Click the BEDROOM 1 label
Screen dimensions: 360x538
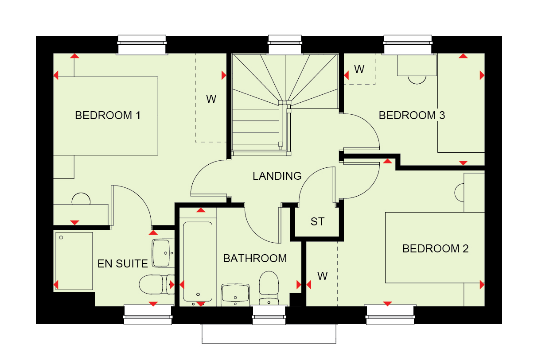(108, 116)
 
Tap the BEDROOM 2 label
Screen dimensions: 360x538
(435, 248)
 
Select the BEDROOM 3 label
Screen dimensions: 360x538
(412, 116)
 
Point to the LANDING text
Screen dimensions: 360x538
(277, 176)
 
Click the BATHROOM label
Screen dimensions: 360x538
(255, 258)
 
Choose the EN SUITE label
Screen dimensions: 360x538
(123, 264)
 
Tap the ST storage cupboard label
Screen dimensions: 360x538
(317, 221)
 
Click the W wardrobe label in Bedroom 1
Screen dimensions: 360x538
(211, 99)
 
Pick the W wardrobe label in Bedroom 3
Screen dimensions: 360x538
(359, 69)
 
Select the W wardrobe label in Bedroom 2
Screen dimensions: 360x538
(323, 276)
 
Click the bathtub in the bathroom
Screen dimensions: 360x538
(198, 261)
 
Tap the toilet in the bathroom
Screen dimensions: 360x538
(269, 286)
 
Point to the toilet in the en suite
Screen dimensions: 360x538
(153, 284)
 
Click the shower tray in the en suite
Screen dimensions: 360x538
(74, 261)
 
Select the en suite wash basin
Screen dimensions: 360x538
(163, 253)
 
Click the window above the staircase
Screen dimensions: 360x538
(285, 45)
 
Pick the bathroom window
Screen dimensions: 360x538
(270, 314)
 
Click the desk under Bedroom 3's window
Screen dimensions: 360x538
(417, 65)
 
